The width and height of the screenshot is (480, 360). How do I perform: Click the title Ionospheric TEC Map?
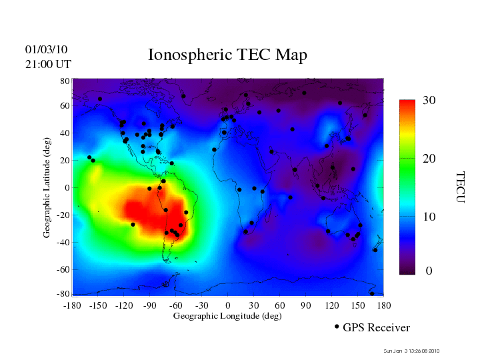click(227, 55)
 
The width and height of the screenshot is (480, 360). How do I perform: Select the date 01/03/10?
click(47, 49)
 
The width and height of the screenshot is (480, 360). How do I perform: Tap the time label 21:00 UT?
click(48, 64)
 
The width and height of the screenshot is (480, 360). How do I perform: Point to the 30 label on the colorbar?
click(429, 100)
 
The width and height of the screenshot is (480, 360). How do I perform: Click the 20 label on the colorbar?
click(429, 159)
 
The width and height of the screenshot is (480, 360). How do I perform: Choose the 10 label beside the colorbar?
click(429, 217)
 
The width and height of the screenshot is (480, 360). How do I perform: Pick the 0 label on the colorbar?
click(429, 272)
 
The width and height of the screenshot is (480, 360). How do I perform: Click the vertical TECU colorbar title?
click(460, 187)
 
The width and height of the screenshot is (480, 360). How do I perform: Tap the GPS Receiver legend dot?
click(337, 327)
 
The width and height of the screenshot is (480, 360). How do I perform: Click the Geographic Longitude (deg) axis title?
click(227, 316)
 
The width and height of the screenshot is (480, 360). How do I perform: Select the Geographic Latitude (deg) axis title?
click(47, 191)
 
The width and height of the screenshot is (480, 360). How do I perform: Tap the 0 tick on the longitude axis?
click(228, 305)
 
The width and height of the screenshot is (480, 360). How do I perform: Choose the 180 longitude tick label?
click(383, 305)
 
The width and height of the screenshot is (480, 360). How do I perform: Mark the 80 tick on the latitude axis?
click(65, 81)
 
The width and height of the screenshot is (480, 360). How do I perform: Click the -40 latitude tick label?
click(63, 242)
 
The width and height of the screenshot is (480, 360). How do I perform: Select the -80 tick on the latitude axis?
click(63, 294)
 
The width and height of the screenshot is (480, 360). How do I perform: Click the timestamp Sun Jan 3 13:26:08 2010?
click(412, 351)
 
